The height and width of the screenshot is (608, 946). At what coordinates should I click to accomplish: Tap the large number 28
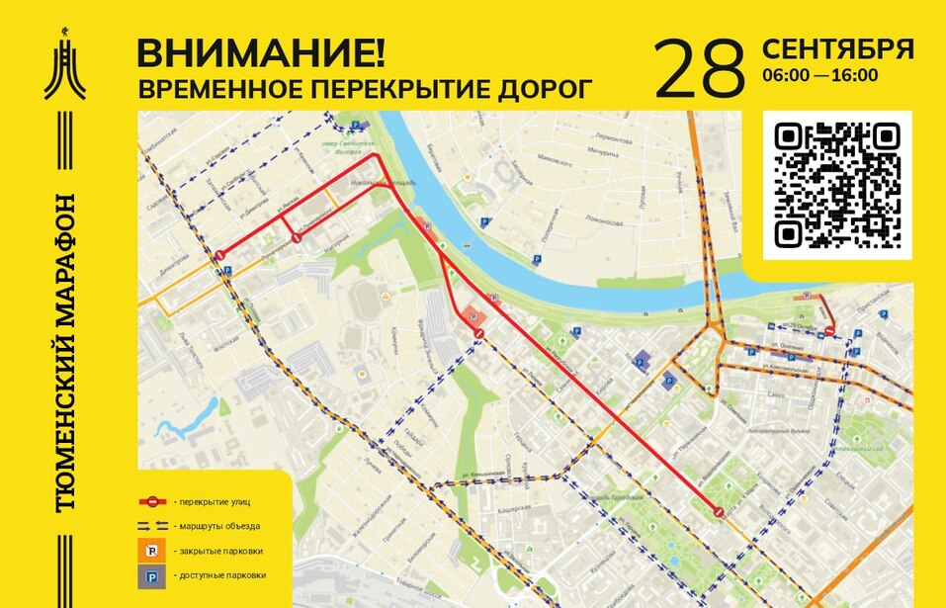tap(699, 69)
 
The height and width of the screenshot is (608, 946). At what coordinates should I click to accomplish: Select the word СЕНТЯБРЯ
tap(836, 49)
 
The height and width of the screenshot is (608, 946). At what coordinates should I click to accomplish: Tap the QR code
tap(837, 184)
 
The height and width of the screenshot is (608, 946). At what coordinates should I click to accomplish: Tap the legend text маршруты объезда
tap(216, 526)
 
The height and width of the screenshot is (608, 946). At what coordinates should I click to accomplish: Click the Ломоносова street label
tap(602, 219)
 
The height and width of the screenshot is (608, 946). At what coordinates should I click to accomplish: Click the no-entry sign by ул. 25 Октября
tap(829, 331)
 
